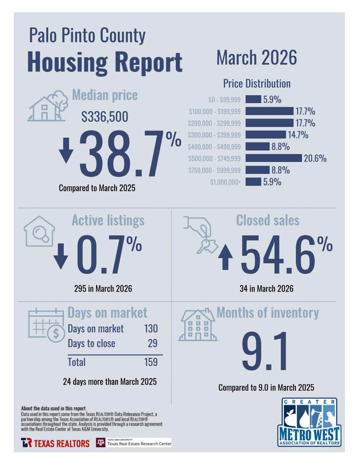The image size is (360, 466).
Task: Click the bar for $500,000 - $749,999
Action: pyautogui.click(x=274, y=158)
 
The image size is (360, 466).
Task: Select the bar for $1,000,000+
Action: pyautogui.click(x=253, y=181)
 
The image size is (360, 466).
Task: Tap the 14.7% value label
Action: pyautogui.click(x=298, y=135)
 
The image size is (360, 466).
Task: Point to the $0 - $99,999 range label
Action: pyautogui.click(x=225, y=100)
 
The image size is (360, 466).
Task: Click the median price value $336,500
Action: pyautogui.click(x=105, y=116)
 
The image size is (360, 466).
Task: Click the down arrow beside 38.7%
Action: pyautogui.click(x=66, y=150)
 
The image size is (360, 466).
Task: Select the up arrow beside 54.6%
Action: pyautogui.click(x=225, y=257)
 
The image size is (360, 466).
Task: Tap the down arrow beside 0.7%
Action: pyautogui.click(x=61, y=257)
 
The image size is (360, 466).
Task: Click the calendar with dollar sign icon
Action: pyautogui.click(x=46, y=325)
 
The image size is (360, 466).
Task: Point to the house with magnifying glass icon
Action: pyautogui.click(x=39, y=231)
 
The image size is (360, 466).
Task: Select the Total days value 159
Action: pyautogui.click(x=151, y=362)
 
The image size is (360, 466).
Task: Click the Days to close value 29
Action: pyautogui.click(x=152, y=343)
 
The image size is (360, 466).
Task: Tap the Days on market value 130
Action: pyautogui.click(x=151, y=328)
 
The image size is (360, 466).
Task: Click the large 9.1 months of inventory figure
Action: pyautogui.click(x=264, y=351)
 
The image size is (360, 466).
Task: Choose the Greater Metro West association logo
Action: pyautogui.click(x=309, y=422)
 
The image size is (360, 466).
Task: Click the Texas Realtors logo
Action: pyautogui.click(x=55, y=443)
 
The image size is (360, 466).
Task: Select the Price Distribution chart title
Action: pyautogui.click(x=257, y=84)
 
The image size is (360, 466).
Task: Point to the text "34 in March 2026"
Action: pyautogui.click(x=267, y=289)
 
